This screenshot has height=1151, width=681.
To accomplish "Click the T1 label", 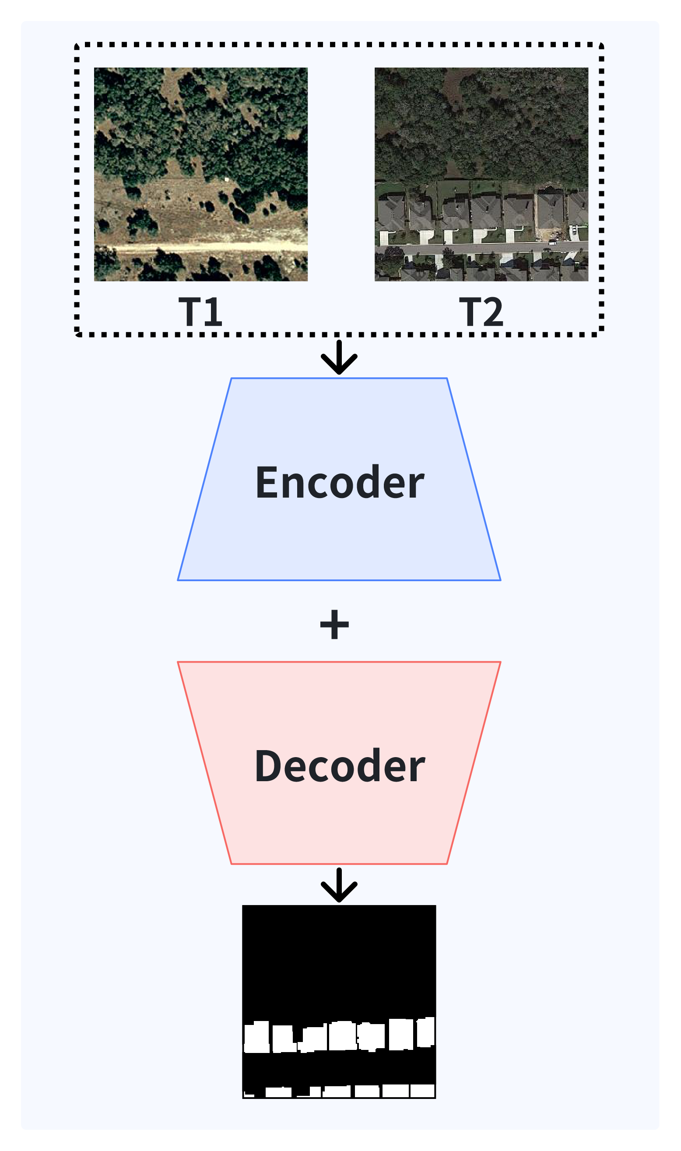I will click(x=200, y=312).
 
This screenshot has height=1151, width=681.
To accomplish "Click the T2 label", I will click(x=481, y=312).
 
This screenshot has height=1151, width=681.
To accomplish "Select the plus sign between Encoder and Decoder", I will click(x=334, y=625).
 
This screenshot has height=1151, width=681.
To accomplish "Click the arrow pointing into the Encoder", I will click(x=339, y=358).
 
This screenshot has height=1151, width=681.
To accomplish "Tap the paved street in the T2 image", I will click(x=481, y=248).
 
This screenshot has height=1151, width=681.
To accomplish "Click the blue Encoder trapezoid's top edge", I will click(x=339, y=379).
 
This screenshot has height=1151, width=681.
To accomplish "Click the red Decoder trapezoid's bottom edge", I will click(x=339, y=864).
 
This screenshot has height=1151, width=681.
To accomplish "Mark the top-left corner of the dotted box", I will click(x=77, y=46).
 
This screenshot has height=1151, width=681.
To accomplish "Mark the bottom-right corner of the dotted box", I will click(x=601, y=334).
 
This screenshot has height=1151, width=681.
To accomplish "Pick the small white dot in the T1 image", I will click(x=226, y=179).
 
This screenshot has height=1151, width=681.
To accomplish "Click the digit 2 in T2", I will click(x=492, y=312).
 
